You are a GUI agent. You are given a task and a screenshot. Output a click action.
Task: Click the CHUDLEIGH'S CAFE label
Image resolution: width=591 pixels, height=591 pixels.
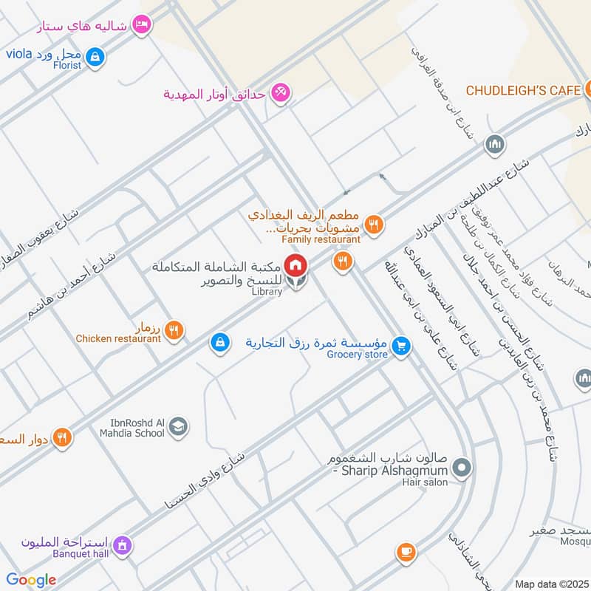[523, 90]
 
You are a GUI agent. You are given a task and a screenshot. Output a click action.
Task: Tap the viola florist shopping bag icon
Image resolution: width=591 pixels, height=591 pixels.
[94, 55]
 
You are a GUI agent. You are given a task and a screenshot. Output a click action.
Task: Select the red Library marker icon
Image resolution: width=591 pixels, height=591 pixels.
[295, 264]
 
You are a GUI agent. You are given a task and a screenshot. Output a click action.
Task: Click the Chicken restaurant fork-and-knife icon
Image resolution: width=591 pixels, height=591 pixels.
[174, 330]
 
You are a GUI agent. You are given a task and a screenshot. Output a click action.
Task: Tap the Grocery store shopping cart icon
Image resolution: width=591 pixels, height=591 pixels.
[401, 345]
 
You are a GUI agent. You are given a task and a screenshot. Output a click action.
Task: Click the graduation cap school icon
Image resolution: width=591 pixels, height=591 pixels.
[178, 426]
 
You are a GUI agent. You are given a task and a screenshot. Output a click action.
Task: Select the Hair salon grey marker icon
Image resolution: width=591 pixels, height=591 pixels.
[462, 468]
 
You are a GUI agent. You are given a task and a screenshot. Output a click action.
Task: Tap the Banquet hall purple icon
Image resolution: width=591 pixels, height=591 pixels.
[122, 546]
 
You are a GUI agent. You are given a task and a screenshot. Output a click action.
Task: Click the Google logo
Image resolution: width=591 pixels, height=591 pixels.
[31, 580]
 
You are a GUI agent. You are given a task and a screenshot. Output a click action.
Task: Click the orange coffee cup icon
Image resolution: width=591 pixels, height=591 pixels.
[406, 552]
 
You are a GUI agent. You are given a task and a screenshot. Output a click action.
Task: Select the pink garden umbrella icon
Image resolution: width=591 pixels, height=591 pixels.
[280, 94]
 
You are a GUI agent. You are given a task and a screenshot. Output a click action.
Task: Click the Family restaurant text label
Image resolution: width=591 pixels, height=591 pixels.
[321, 239]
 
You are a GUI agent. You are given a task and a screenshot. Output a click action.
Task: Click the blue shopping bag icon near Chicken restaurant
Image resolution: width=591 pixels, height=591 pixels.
[219, 343]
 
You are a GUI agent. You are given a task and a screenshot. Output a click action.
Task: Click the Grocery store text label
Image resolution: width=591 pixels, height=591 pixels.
[358, 355]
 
